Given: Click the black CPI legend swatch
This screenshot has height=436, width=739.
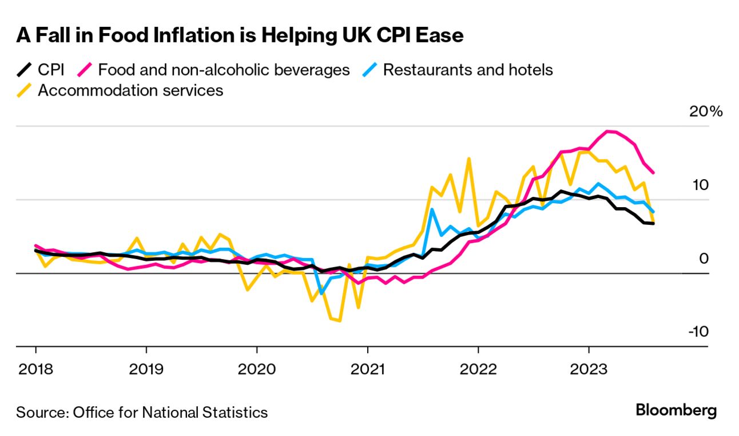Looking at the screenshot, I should coord(23,70).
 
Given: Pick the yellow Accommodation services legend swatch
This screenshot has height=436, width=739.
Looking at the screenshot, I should coord(23,90).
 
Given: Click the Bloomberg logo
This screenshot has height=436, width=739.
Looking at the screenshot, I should coord(676,410).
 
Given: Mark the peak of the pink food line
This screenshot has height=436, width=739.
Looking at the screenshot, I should coord(608,131).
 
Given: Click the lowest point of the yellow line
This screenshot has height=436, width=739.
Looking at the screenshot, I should coord(340,320).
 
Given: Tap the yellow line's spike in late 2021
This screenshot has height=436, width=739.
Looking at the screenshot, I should coord(469,158).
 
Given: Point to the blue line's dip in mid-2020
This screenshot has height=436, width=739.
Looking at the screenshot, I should coord(321,293).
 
